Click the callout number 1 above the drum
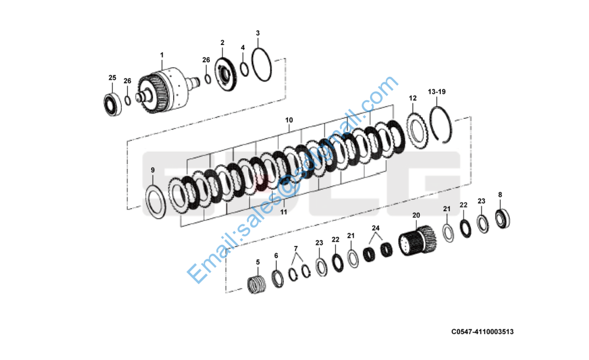pyautogui.click(x=161, y=55)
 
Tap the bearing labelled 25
pyautogui.click(x=112, y=103)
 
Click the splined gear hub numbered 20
pyautogui.click(x=419, y=242)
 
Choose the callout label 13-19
pyautogui.click(x=437, y=92)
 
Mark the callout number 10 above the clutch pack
pyautogui.click(x=289, y=120)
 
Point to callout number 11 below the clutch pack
pyautogui.click(x=284, y=212)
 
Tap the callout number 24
pyautogui.click(x=375, y=228)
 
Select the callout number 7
pyautogui.click(x=295, y=248)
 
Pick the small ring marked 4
pyautogui.click(x=244, y=69)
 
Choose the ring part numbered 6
pyautogui.click(x=278, y=278)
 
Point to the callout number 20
pyautogui.click(x=416, y=215)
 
